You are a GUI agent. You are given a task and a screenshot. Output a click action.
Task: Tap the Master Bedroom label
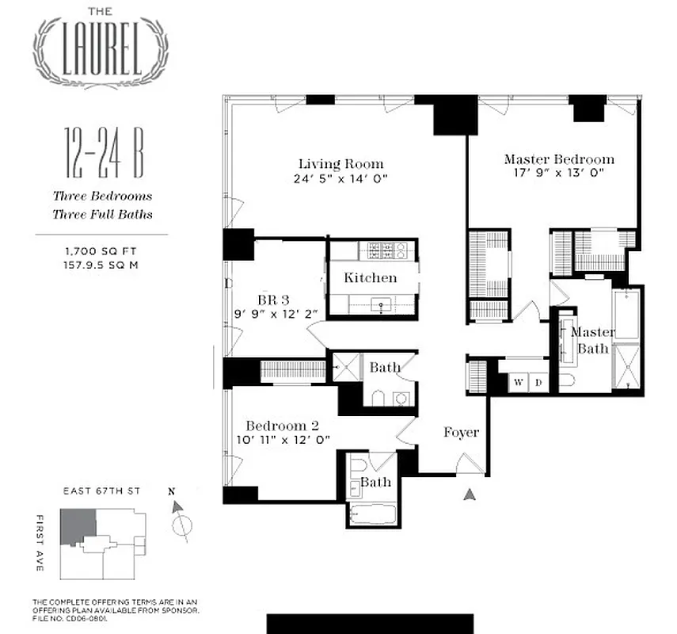(x=558, y=159)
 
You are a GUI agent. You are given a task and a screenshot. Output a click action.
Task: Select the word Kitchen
(x=370, y=278)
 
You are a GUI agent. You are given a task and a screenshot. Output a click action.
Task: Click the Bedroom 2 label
(x=282, y=425)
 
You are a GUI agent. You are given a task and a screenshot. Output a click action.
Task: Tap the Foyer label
(x=460, y=432)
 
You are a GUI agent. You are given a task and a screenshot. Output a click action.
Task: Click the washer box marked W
(x=519, y=382)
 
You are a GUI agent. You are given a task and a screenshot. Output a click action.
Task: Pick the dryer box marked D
(x=538, y=382)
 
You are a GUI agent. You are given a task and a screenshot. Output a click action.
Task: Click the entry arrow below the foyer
(x=470, y=495)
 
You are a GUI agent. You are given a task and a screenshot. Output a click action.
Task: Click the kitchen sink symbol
(x=381, y=304)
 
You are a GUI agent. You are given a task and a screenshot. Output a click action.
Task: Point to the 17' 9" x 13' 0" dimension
(x=558, y=174)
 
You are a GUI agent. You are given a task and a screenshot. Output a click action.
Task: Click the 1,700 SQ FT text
(x=101, y=251)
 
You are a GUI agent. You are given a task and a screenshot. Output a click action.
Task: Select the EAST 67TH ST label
(x=101, y=491)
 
